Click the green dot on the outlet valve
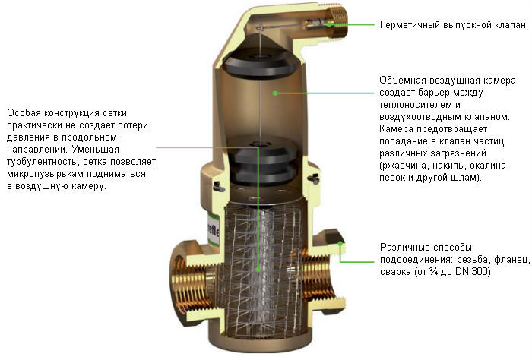pos(329,25)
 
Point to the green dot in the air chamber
pos(275,93)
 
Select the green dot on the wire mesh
pos(258,270)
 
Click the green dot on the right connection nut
pos(340,243)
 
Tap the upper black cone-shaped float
pos(258,60)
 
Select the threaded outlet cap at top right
pos(337,23)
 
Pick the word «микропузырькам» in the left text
pos(46,174)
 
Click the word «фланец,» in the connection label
pos(511,260)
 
